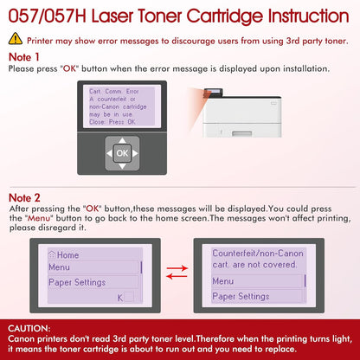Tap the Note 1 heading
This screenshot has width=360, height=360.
click(24, 55)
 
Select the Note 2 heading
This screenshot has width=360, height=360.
click(24, 198)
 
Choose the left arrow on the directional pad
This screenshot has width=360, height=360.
click(106, 154)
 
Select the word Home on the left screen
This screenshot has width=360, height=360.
click(67, 255)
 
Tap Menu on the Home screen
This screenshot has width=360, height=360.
click(60, 267)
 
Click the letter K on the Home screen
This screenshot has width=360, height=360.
click(119, 297)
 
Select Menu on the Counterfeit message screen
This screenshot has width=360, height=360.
click(223, 281)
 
